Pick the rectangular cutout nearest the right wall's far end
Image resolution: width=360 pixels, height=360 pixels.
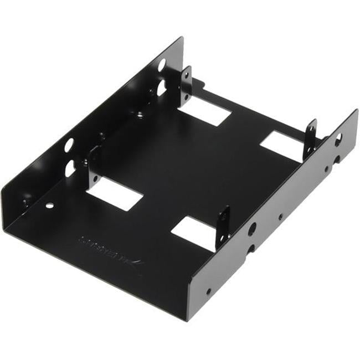282,146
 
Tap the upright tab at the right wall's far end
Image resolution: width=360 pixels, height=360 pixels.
310,138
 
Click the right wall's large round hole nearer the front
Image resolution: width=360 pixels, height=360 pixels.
253,228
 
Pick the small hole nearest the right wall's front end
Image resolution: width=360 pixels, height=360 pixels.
209,291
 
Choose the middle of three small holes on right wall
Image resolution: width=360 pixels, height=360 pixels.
280,218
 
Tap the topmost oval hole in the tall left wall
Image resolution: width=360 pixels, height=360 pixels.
161,65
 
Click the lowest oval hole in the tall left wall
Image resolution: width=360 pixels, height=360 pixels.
70,168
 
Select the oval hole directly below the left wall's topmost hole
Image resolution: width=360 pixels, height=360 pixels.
161,88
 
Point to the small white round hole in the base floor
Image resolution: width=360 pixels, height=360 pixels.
50,205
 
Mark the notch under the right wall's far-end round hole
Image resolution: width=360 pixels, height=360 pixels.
336,160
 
